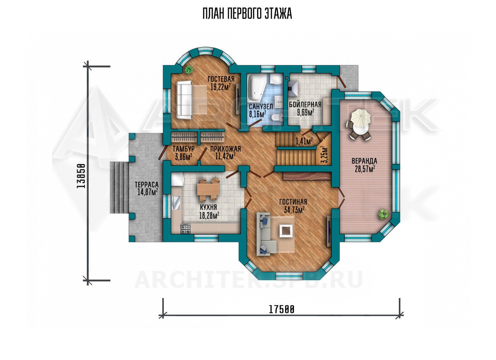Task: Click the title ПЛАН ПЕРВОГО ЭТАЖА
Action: (x=247, y=14)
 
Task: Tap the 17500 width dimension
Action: (x=282, y=310)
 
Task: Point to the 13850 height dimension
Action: (x=81, y=176)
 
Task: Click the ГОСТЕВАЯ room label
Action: (x=221, y=79)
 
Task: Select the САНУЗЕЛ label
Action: (x=261, y=107)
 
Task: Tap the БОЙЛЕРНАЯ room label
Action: (x=305, y=105)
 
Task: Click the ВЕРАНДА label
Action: (x=365, y=161)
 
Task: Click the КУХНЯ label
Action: (x=208, y=207)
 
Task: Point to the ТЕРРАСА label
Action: (x=147, y=184)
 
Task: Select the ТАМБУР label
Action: (x=184, y=148)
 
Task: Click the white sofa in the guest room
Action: (x=184, y=100)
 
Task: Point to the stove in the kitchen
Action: (x=186, y=229)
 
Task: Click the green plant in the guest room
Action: (x=188, y=69)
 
